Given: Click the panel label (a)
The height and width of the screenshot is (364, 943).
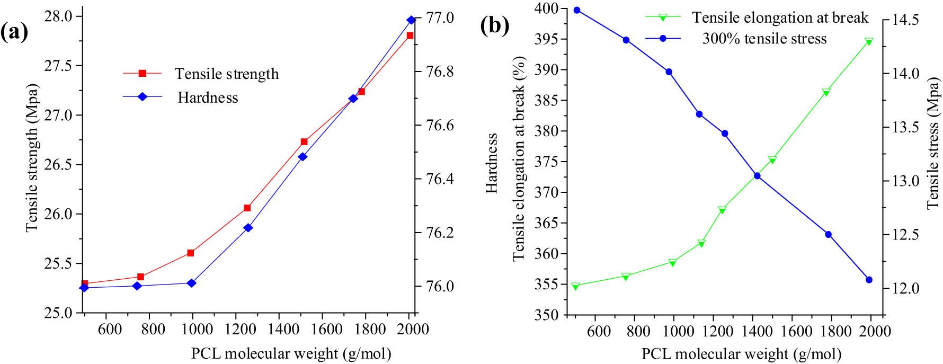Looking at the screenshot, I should pos(14,33).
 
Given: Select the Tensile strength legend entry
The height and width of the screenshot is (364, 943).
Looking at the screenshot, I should pos(227,74).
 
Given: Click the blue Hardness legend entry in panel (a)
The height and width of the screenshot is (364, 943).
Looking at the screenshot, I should pos(208,97).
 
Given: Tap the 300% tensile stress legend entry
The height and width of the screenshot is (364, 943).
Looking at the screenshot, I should pos(764,39).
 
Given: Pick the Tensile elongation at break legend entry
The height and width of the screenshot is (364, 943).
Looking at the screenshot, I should pos(780,17).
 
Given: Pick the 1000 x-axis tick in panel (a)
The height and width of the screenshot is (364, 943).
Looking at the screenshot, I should pos(193,329).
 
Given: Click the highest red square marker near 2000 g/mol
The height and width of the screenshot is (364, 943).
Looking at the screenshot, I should pos(410,35).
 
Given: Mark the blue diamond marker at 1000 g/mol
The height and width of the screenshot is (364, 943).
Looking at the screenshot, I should pos(192,283).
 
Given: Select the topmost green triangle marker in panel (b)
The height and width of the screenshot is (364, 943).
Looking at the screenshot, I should pos(869,41).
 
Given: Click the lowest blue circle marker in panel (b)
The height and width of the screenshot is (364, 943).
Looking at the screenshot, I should pos(869,280).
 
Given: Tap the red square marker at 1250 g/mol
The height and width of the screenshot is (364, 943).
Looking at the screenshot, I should pos(247,208).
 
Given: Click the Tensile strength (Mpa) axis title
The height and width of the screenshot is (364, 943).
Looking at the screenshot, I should pos(33,157).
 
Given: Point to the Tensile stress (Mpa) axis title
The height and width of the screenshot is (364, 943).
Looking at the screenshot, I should pos(933,145).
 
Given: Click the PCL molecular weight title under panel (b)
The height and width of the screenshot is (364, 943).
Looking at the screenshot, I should pos(741,353).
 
